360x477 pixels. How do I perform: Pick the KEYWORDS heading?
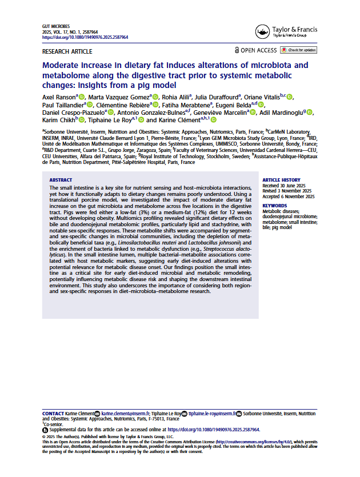(275, 205)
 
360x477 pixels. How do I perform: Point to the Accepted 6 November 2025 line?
(289, 196)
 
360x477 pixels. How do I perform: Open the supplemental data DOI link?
(212, 429)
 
